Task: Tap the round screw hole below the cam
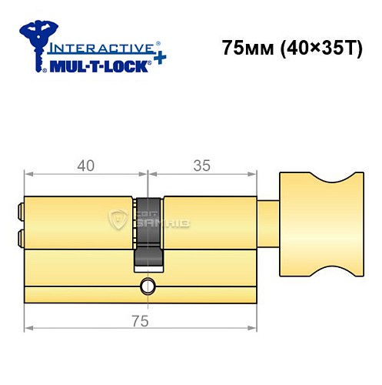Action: click(x=146, y=289)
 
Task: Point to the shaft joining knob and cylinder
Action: click(x=270, y=224)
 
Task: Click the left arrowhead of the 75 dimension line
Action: click(x=28, y=328)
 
